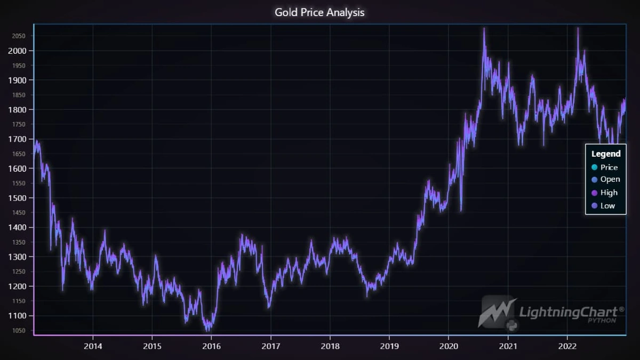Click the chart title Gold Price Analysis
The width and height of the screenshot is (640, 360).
[x=319, y=12]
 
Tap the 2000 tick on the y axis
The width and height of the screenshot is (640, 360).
[x=20, y=51]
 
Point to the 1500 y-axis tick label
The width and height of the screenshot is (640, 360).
[x=20, y=198]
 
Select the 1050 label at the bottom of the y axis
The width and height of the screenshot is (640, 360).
[x=20, y=330]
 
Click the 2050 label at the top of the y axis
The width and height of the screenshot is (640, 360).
[x=20, y=36]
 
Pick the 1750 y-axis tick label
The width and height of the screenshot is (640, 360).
[x=20, y=124]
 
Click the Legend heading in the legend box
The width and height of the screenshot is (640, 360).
[x=606, y=154]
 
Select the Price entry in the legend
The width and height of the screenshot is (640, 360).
[x=609, y=167]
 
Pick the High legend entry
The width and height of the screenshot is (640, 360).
[x=609, y=193]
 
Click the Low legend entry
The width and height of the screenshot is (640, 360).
[x=607, y=205]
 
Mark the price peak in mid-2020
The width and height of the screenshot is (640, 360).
[x=484, y=29]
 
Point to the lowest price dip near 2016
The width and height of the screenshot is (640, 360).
[x=207, y=330]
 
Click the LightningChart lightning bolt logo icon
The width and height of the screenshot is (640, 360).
[x=497, y=311]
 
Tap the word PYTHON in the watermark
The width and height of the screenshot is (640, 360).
[x=602, y=321]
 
